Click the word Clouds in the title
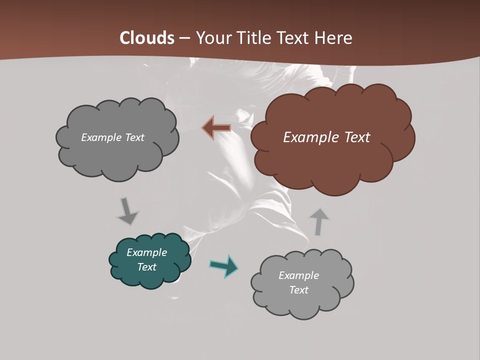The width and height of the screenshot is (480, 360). (x=147, y=38)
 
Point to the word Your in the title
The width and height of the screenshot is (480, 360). (x=211, y=38)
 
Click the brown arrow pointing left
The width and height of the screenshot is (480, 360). (x=216, y=128)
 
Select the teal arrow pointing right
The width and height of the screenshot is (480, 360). (x=224, y=266)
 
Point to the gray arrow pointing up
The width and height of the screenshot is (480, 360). (x=319, y=221)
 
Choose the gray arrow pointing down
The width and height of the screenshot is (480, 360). (x=127, y=211)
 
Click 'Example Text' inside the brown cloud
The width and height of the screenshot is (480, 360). (x=326, y=137)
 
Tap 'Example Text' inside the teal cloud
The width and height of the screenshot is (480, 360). (x=147, y=259)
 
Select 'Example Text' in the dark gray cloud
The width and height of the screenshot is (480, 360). (x=112, y=137)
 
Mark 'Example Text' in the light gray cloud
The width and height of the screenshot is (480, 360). (x=299, y=282)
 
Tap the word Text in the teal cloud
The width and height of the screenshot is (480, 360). (x=147, y=267)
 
